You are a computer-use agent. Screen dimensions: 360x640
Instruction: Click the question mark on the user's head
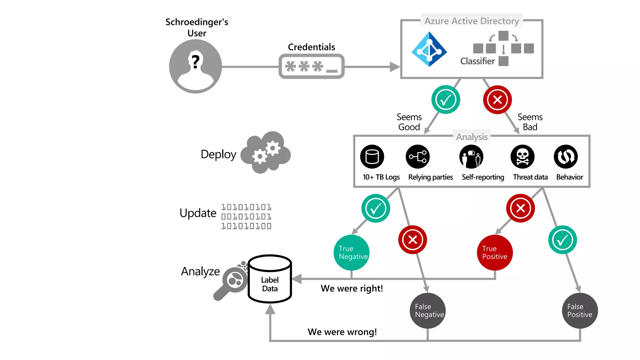coord(196,62)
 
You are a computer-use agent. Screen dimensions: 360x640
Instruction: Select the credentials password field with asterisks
coord(312,67)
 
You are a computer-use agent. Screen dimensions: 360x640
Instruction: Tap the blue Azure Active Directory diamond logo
coord(429,49)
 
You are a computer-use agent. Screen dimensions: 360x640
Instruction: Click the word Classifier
coord(477,61)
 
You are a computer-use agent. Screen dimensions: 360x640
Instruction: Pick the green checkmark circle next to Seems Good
coord(446,100)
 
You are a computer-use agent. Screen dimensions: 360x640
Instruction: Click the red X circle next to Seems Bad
coord(497,100)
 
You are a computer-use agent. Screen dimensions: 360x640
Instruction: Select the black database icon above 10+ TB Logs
coord(372,157)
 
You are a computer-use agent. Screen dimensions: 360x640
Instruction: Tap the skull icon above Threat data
coord(522,157)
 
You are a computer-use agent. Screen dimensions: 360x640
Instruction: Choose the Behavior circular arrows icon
coord(566,157)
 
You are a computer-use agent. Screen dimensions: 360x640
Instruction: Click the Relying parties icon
coord(418,157)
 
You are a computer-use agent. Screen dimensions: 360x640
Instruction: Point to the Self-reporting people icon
coord(471,157)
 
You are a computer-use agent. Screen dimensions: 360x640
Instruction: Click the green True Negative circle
coord(352,252)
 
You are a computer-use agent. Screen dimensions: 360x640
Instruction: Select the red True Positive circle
coord(495,252)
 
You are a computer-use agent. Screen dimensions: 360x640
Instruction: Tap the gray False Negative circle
coord(428,311)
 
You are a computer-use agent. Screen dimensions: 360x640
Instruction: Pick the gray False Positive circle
coord(580,311)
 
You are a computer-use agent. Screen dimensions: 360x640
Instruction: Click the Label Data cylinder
coord(270,279)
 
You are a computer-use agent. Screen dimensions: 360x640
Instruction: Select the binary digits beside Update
coord(246,217)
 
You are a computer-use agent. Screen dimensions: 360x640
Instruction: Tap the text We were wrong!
coord(342,332)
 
